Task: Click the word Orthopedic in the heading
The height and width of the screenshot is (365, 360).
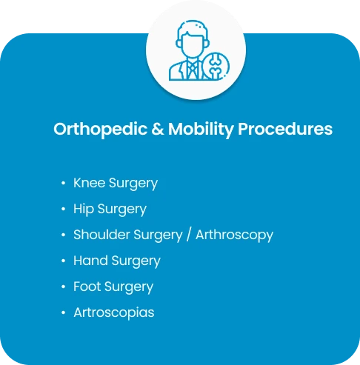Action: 101,130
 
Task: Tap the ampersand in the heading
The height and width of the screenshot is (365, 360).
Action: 158,129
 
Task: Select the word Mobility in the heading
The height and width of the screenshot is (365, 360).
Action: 201,130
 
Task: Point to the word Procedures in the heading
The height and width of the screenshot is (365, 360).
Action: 285,129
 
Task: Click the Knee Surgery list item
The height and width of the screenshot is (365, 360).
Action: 116,184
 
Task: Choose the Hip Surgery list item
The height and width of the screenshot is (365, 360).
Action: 110,210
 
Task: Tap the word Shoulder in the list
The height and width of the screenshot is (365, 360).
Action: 102,235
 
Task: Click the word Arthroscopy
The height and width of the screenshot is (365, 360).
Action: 234,235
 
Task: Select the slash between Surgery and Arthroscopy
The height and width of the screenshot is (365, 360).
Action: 189,235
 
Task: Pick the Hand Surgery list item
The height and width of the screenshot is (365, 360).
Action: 117,261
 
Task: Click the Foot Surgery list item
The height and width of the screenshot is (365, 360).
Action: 113,287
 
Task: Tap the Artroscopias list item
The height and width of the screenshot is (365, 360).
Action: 114,313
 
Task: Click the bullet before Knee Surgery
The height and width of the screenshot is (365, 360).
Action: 64,183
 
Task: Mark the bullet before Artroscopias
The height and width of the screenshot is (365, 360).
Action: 64,312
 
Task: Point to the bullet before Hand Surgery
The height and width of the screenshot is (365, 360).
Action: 64,261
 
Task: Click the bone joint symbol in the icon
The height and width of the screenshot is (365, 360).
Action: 216,66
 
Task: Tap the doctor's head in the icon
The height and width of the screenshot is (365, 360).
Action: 193,39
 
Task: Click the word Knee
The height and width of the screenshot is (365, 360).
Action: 90,183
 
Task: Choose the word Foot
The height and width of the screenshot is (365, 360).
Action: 87,287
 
